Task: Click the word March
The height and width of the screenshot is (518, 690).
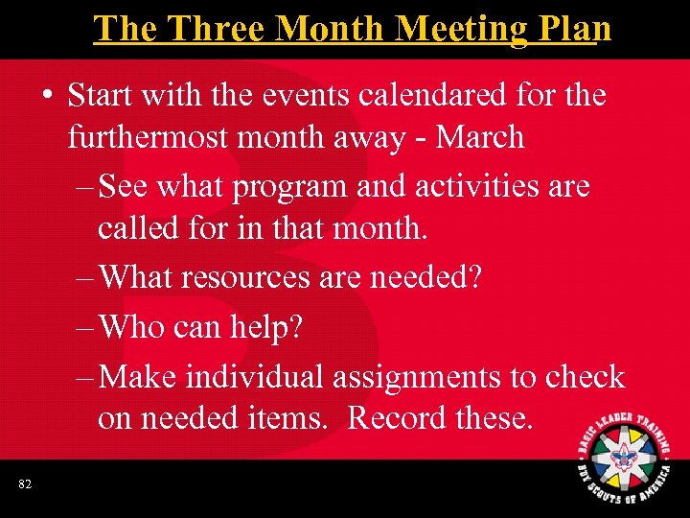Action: pos(480,137)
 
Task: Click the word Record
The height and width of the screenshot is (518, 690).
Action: pos(400,417)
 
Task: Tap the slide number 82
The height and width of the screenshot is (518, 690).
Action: pos(25,485)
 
